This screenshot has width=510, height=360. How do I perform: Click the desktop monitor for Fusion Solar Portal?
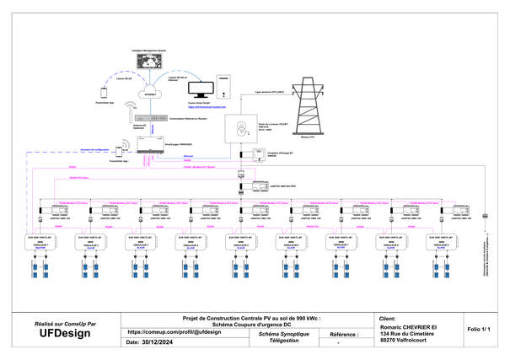pos(202,89)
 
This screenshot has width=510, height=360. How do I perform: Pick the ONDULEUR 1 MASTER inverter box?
pos(38,244)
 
